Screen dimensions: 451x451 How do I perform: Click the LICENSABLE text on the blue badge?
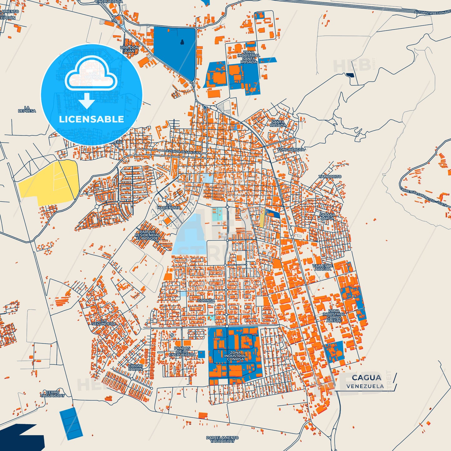click(x=91, y=119)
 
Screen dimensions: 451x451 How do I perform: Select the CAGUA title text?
click(x=366, y=378)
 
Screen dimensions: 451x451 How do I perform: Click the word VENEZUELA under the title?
click(x=365, y=386)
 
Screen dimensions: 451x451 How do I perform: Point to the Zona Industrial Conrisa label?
click(x=235, y=356)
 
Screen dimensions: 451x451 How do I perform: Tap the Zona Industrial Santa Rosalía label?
click(x=249, y=57)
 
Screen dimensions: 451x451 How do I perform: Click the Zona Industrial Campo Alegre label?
click(x=334, y=316)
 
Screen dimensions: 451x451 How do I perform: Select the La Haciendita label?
click(x=169, y=206)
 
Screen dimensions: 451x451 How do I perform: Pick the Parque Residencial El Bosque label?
click(x=147, y=235)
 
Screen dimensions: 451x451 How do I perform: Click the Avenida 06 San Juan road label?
click(x=183, y=152)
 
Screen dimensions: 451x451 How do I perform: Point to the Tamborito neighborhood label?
click(x=330, y=177)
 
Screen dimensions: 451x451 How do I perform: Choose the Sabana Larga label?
click(x=327, y=216)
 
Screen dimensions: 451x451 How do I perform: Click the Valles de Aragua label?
click(x=323, y=267)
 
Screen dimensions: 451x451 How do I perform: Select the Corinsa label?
click(x=206, y=301)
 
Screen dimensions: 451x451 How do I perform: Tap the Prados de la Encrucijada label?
click(x=182, y=351)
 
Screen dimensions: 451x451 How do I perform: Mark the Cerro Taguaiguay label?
click(x=52, y=394)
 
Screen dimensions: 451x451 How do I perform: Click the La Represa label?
click(x=27, y=109)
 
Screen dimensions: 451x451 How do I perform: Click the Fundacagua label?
click(x=291, y=150)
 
